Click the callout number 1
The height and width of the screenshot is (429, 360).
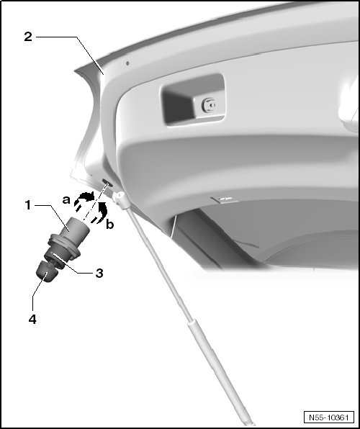[x=28, y=205]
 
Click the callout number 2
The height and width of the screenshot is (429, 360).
[x=28, y=37]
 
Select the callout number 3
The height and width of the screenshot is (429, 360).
[x=99, y=273]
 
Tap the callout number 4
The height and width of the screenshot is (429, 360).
[x=32, y=320]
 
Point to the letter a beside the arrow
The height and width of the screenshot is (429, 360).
[x=66, y=200]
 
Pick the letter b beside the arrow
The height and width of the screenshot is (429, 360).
[x=109, y=225]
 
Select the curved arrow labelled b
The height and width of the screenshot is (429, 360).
[x=100, y=212]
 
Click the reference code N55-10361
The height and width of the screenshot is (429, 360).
[x=329, y=417]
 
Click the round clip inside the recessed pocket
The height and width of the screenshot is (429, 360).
[x=209, y=105]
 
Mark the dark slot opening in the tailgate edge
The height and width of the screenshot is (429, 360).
[x=107, y=183]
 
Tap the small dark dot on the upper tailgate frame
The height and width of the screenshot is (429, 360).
[x=127, y=63]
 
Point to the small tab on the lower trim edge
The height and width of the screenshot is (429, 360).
[x=224, y=199]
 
